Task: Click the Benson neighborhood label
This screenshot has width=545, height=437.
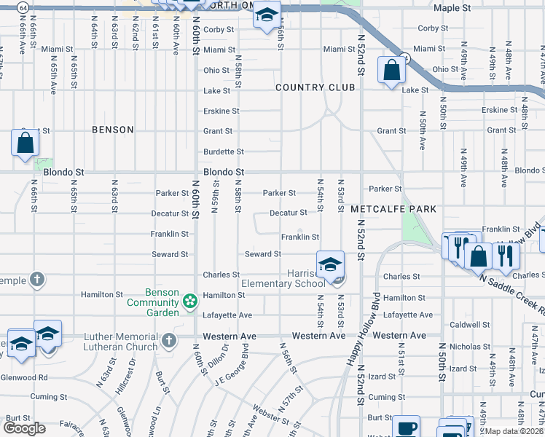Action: pyautogui.click(x=113, y=130)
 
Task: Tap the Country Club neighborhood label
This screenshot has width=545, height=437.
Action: pyautogui.click(x=315, y=87)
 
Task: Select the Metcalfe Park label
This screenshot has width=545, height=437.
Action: pyautogui.click(x=393, y=209)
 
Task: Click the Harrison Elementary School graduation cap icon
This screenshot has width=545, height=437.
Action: pyautogui.click(x=329, y=264)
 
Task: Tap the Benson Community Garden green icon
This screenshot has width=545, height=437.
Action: pyautogui.click(x=190, y=301)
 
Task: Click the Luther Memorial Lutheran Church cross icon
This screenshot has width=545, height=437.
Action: pyautogui.click(x=169, y=340)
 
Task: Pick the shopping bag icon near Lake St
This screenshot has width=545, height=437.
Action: pyautogui.click(x=391, y=71)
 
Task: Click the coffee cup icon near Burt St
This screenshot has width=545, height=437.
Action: pyautogui.click(x=406, y=428)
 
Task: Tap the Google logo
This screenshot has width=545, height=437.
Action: pyautogui.click(x=25, y=428)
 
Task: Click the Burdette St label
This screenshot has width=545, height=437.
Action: pyautogui.click(x=223, y=151)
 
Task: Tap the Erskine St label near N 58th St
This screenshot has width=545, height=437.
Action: pyautogui.click(x=221, y=111)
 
